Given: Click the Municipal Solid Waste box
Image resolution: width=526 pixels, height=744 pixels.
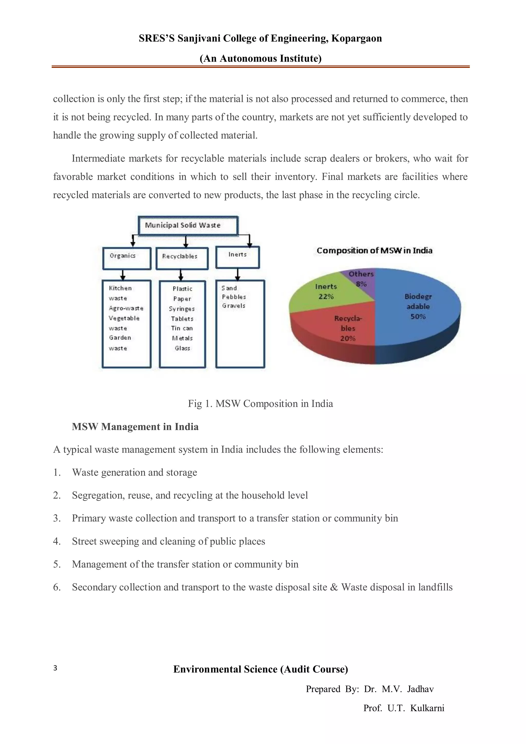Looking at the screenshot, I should coord(188,225).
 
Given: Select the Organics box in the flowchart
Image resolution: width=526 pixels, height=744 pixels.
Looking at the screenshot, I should coord(127,258).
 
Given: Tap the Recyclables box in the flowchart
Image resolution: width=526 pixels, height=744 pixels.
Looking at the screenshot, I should coord(182,259).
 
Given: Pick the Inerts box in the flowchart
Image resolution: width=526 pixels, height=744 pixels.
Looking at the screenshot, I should coord(238,257).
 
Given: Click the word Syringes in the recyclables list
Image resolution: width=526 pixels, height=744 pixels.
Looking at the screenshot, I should coord(182,309).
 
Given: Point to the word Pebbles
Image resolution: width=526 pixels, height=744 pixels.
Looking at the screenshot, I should coord(234,297).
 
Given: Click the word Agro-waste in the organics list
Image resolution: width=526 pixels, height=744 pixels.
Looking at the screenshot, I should coord(126,308).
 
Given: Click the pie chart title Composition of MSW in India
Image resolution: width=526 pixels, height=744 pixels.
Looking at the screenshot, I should coord(374,250).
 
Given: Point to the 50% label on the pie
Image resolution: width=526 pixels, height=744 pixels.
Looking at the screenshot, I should coord(418,317).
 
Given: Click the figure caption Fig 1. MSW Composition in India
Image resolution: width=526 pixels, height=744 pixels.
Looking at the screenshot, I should coord(260,403).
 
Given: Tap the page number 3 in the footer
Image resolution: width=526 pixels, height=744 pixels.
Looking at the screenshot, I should coord(55,668).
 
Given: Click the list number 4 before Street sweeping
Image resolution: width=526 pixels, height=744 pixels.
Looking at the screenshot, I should coord(57,541).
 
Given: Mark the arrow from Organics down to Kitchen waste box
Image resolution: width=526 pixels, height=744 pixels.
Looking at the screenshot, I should coord(123,275).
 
